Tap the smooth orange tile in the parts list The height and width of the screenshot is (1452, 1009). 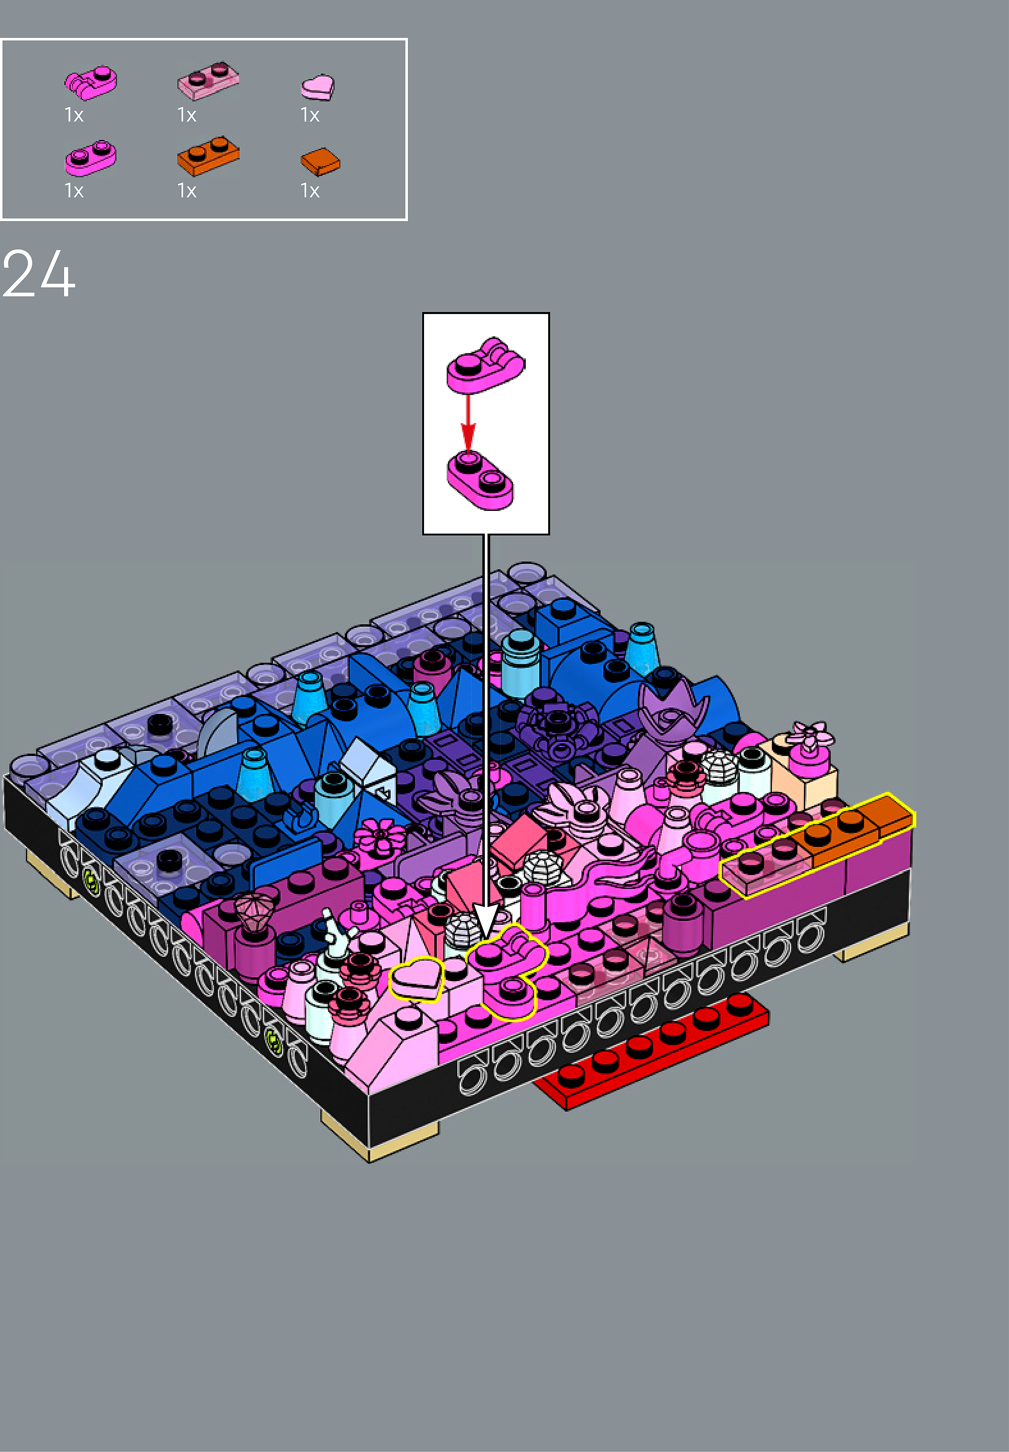pos(320,162)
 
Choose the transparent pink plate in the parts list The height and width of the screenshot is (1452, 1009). pos(208,80)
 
